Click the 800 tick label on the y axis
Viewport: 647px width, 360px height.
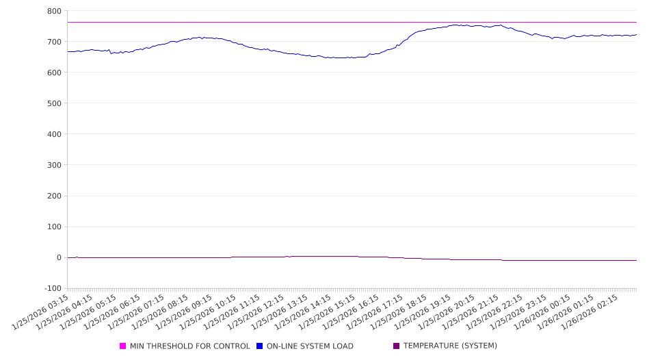click(54, 11)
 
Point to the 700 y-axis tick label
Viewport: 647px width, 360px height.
click(54, 42)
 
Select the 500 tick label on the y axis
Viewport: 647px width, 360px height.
click(54, 103)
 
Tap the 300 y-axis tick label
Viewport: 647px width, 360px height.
click(54, 165)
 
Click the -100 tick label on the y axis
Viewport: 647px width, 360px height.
click(52, 288)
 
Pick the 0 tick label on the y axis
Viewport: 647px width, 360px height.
click(59, 257)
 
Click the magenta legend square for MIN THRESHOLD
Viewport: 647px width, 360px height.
click(123, 346)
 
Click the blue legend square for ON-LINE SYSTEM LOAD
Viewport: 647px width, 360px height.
click(260, 346)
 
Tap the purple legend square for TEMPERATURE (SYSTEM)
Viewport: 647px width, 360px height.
click(397, 346)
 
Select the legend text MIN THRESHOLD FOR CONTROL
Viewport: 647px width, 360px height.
click(189, 346)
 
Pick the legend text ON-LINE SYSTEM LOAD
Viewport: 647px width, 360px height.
click(310, 346)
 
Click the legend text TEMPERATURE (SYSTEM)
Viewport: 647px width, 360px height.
click(450, 346)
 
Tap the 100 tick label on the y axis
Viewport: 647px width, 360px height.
click(54, 227)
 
